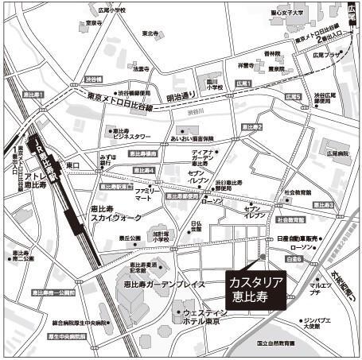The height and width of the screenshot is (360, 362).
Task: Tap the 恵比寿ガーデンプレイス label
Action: (160, 283)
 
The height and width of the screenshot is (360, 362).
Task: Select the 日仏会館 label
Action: (197, 227)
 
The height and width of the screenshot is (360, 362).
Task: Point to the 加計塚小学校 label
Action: (162, 236)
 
